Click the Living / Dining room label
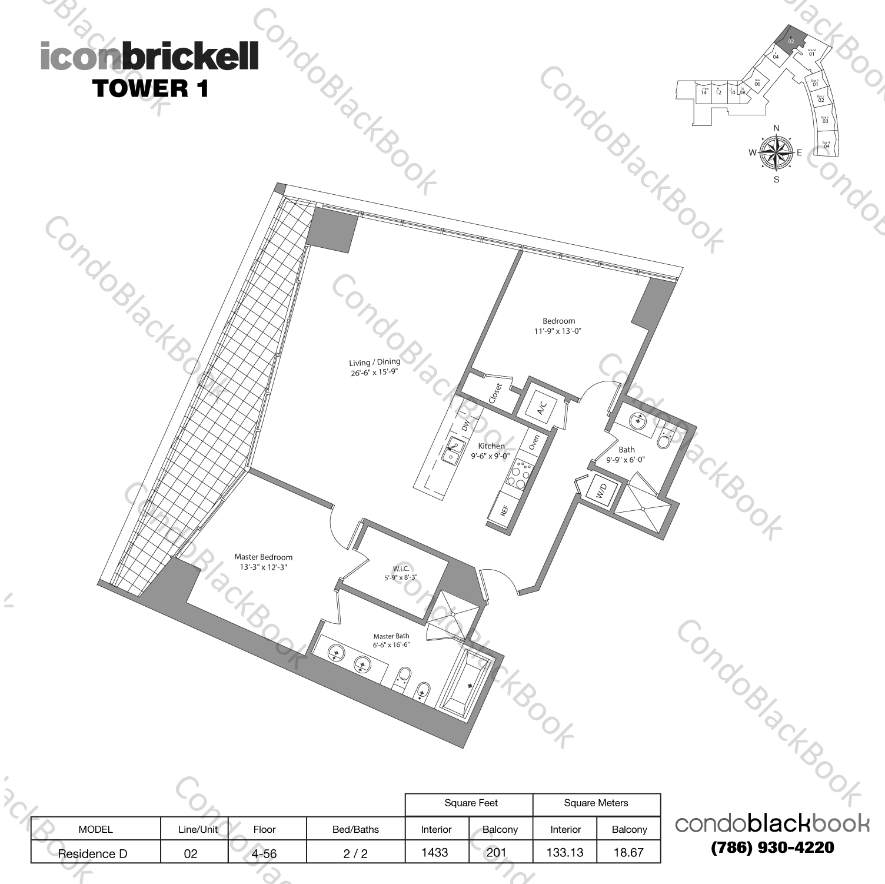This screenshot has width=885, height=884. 374,363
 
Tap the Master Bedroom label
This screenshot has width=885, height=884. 263,557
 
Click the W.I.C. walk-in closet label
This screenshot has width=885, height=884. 401,569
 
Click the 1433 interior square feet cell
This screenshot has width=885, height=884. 435,852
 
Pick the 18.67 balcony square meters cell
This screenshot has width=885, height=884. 628,852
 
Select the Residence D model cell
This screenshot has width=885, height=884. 93,853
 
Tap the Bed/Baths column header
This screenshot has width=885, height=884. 355,829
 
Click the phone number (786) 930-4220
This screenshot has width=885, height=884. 773,848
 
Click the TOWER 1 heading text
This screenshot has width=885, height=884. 150,88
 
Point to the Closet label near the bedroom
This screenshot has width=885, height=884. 495,393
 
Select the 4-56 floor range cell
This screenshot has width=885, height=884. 265,853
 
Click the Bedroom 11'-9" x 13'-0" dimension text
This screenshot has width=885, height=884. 558,331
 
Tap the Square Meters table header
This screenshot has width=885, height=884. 595,803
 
